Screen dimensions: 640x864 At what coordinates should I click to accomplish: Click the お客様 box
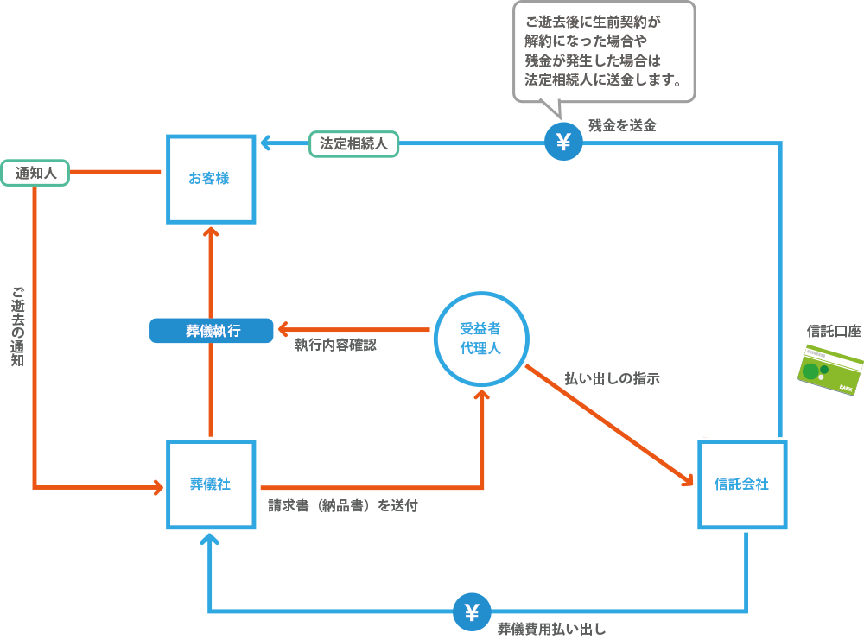(211, 179)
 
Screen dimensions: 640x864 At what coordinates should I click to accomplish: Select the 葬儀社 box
(211, 485)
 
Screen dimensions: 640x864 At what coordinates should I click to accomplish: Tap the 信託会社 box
(741, 485)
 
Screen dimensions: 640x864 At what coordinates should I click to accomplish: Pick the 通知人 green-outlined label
(35, 173)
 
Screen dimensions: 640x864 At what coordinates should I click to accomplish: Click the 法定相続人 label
(354, 143)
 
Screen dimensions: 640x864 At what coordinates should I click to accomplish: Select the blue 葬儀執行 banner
(212, 331)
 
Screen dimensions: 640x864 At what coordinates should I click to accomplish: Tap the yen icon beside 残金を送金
(563, 143)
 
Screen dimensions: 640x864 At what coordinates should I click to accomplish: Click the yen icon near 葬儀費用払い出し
(472, 612)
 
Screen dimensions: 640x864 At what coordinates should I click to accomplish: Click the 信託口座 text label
(833, 331)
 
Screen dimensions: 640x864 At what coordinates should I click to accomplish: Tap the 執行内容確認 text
(335, 345)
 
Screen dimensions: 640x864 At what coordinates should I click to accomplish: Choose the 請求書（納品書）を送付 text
(343, 506)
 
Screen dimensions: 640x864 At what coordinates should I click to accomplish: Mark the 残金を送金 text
(622, 125)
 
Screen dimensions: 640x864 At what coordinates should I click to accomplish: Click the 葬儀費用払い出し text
(551, 629)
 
